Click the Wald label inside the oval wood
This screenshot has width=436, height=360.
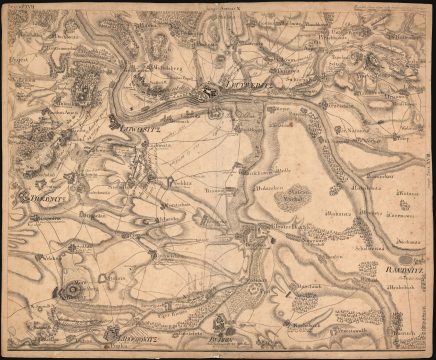coord(295,198)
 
